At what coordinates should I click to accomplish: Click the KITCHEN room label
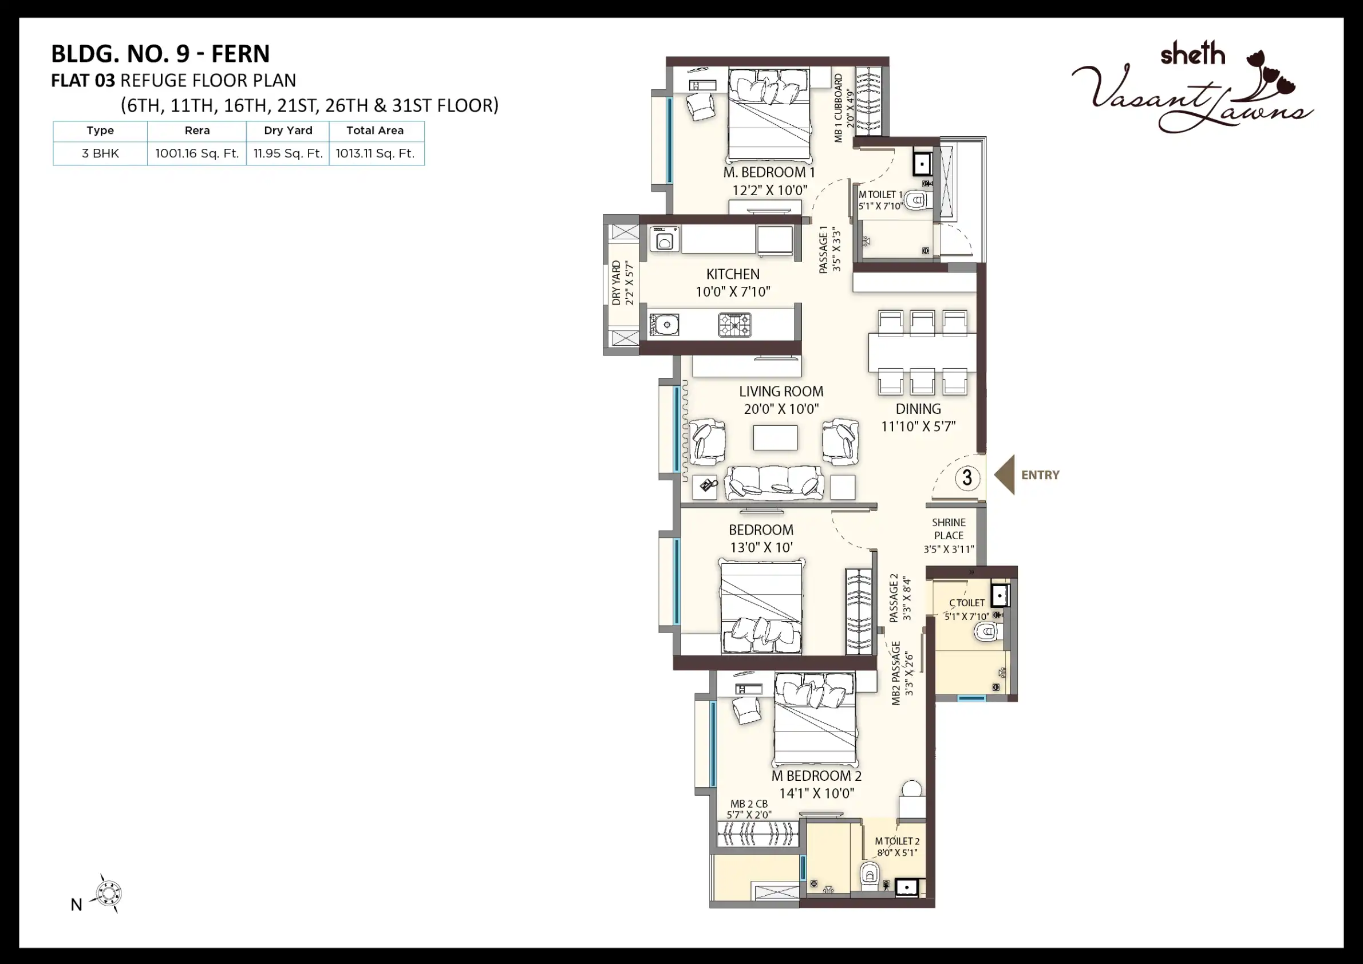733,274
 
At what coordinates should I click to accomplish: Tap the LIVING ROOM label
781,392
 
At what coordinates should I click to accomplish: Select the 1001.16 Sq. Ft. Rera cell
197,154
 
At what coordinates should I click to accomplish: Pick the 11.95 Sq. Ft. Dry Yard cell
288,154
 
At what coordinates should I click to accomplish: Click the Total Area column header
375,131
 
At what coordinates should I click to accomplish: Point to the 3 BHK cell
100,154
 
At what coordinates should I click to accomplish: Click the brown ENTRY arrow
1005,475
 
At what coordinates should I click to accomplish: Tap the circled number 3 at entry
967,477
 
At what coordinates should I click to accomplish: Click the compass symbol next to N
109,894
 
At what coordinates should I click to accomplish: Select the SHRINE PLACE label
949,529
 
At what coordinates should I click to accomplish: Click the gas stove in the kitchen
734,325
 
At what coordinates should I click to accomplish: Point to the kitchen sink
664,325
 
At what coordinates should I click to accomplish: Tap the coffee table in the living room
775,437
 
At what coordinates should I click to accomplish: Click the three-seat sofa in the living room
774,482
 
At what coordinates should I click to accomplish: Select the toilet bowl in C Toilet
987,631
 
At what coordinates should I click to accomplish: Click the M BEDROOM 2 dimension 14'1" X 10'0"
816,793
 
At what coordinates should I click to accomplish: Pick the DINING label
918,409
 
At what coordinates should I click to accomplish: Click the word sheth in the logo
1192,54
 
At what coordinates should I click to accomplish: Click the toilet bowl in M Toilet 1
916,200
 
